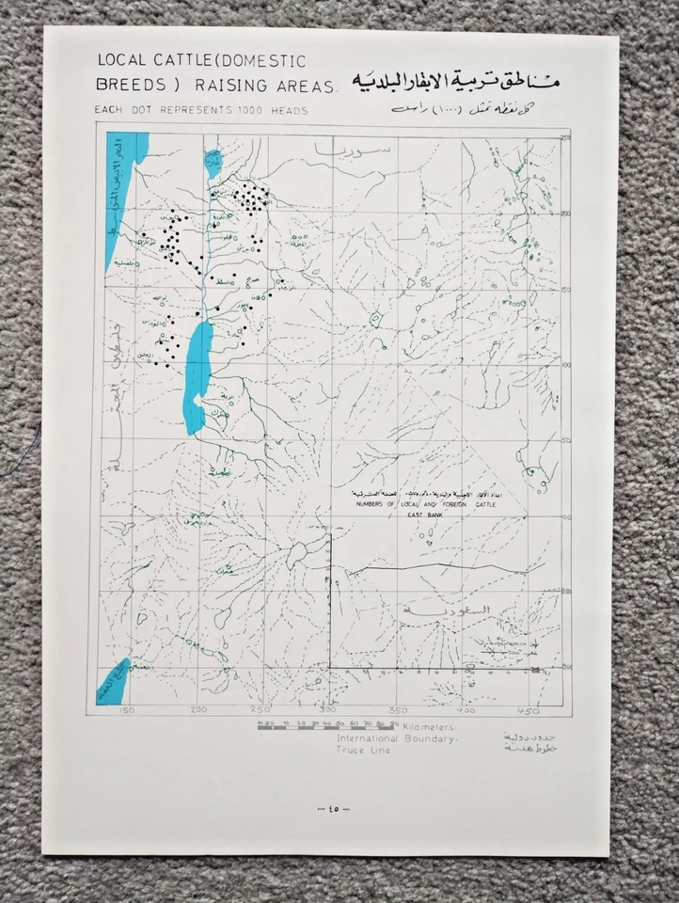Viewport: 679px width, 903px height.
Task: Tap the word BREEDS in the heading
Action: tap(128, 85)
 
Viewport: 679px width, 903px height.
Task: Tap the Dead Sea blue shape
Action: tap(198, 374)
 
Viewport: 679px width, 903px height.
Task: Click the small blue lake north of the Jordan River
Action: tap(213, 149)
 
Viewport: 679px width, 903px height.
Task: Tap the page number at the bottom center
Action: tap(331, 809)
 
